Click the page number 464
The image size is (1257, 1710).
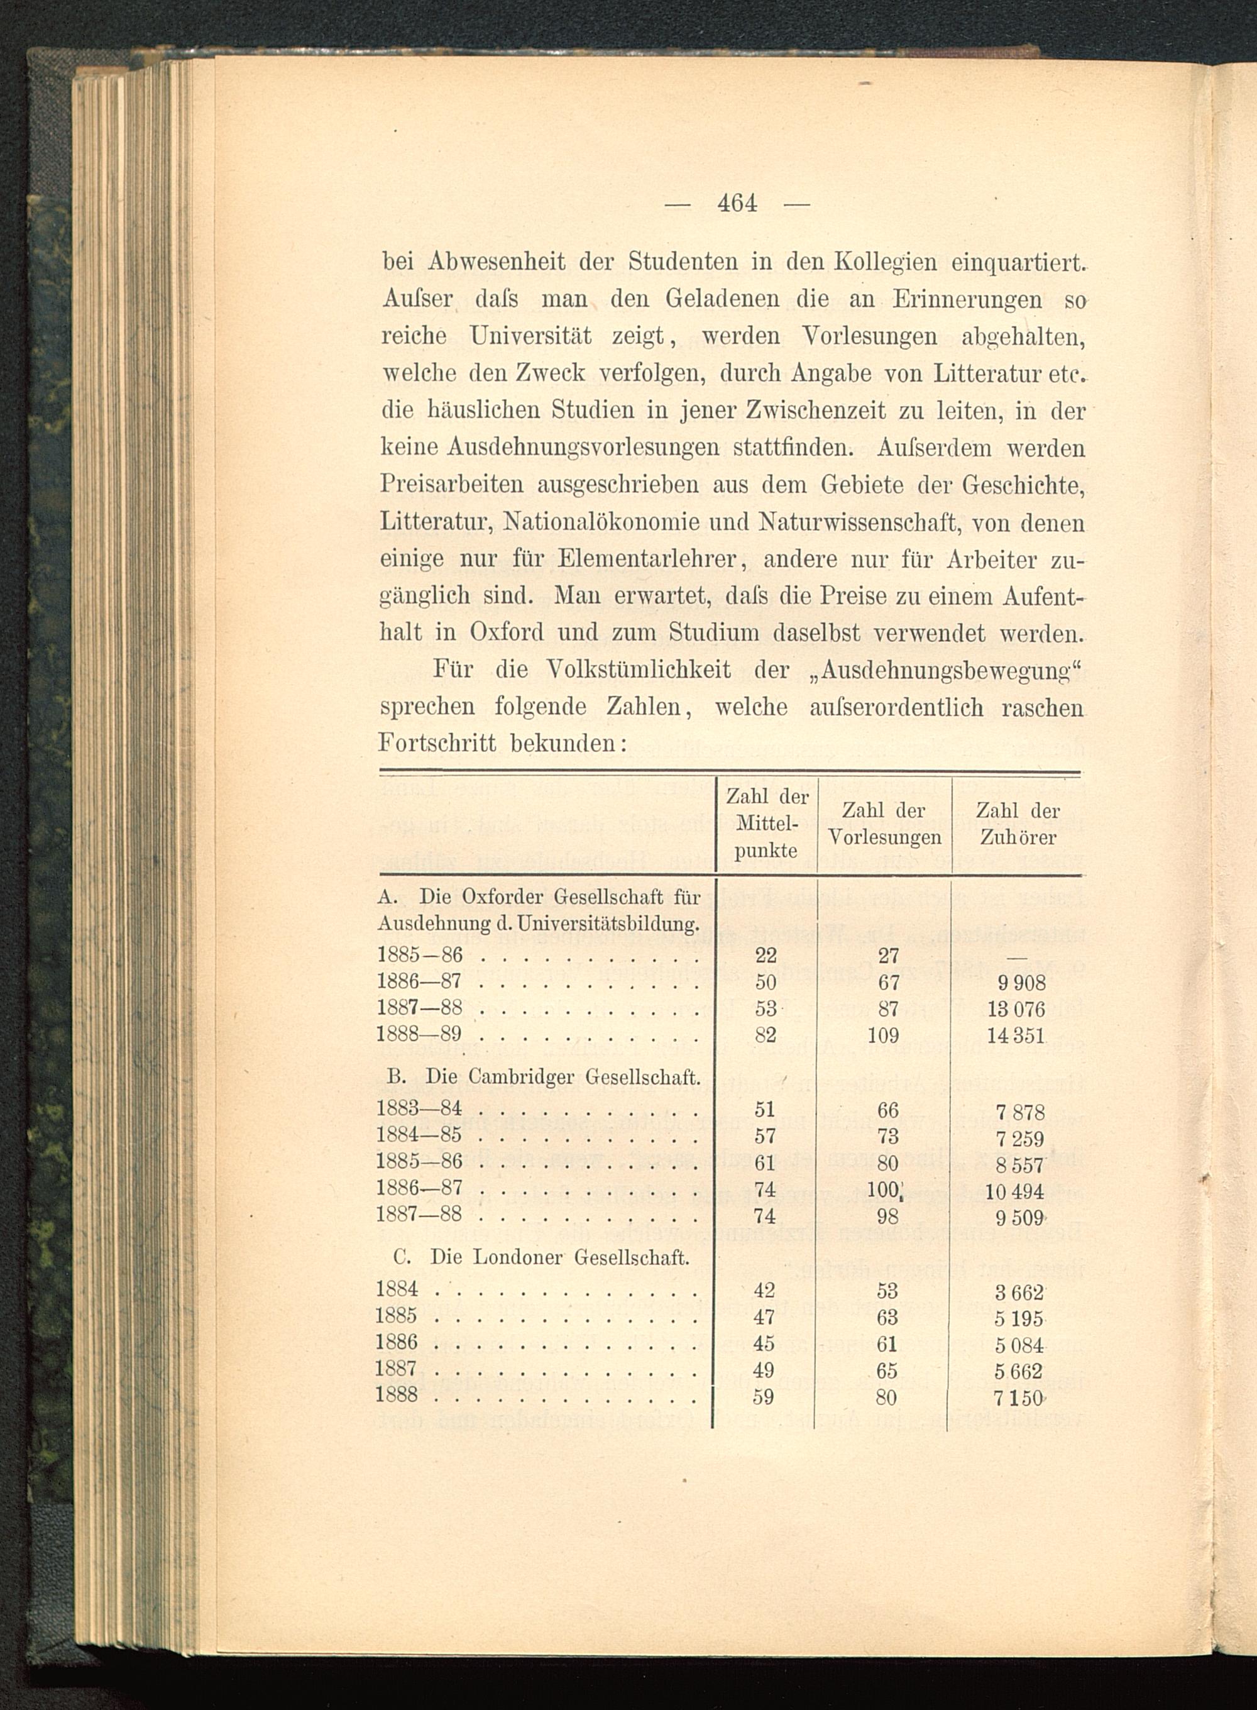(x=737, y=204)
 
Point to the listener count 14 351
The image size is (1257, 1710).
(x=1016, y=1035)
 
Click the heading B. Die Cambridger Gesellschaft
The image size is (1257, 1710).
(x=543, y=1077)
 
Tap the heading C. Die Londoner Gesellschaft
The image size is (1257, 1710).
(x=541, y=1257)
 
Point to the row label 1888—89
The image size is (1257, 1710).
(x=419, y=1035)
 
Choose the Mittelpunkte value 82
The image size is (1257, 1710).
(x=765, y=1035)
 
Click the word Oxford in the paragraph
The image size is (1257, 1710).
(x=506, y=633)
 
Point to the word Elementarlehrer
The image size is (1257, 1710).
(x=647, y=560)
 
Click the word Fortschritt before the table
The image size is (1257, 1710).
(x=437, y=744)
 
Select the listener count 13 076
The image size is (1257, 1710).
(x=1016, y=1009)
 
